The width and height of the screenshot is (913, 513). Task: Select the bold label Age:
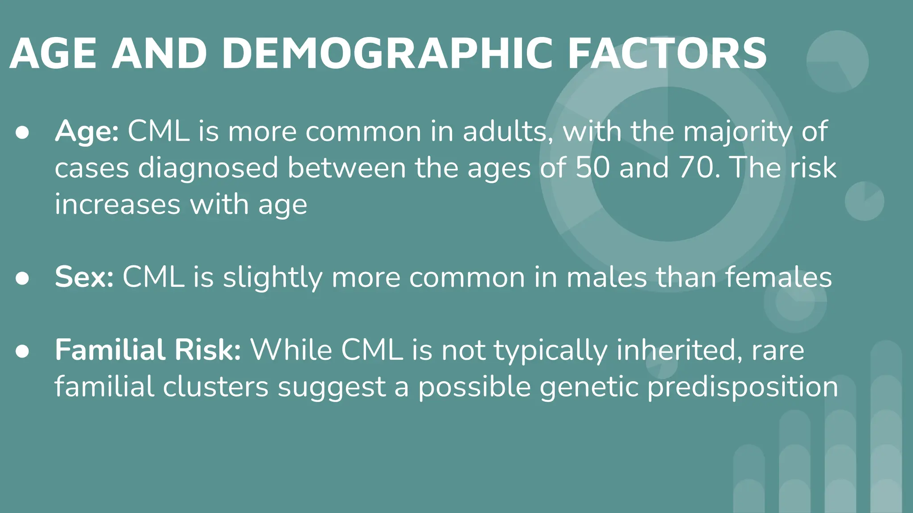86,132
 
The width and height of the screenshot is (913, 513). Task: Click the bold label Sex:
84,277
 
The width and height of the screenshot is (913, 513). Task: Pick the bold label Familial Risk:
148,350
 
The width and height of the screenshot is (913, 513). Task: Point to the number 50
592,168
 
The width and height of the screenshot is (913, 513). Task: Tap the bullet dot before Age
22,133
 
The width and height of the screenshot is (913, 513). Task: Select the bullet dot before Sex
22,278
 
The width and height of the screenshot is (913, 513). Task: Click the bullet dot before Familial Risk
22,351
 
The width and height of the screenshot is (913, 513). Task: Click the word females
778,277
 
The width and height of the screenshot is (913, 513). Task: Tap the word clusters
215,387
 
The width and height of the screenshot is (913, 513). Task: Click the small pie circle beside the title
837,61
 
